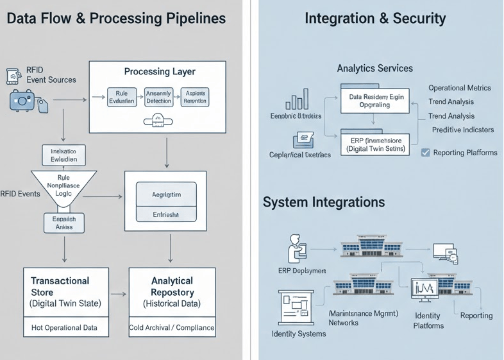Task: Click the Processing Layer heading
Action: coord(159,71)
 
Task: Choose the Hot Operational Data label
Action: coord(64,327)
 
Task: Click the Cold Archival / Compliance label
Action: coord(172,327)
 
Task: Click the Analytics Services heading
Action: coord(374,68)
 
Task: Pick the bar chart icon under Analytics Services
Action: coord(297,101)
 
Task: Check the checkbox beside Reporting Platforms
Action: coord(425,153)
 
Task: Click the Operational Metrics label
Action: coord(459,88)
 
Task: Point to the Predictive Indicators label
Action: coord(462,130)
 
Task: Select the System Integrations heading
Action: coord(324,202)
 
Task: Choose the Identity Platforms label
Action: coord(428,321)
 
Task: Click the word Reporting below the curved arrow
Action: coord(476,315)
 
